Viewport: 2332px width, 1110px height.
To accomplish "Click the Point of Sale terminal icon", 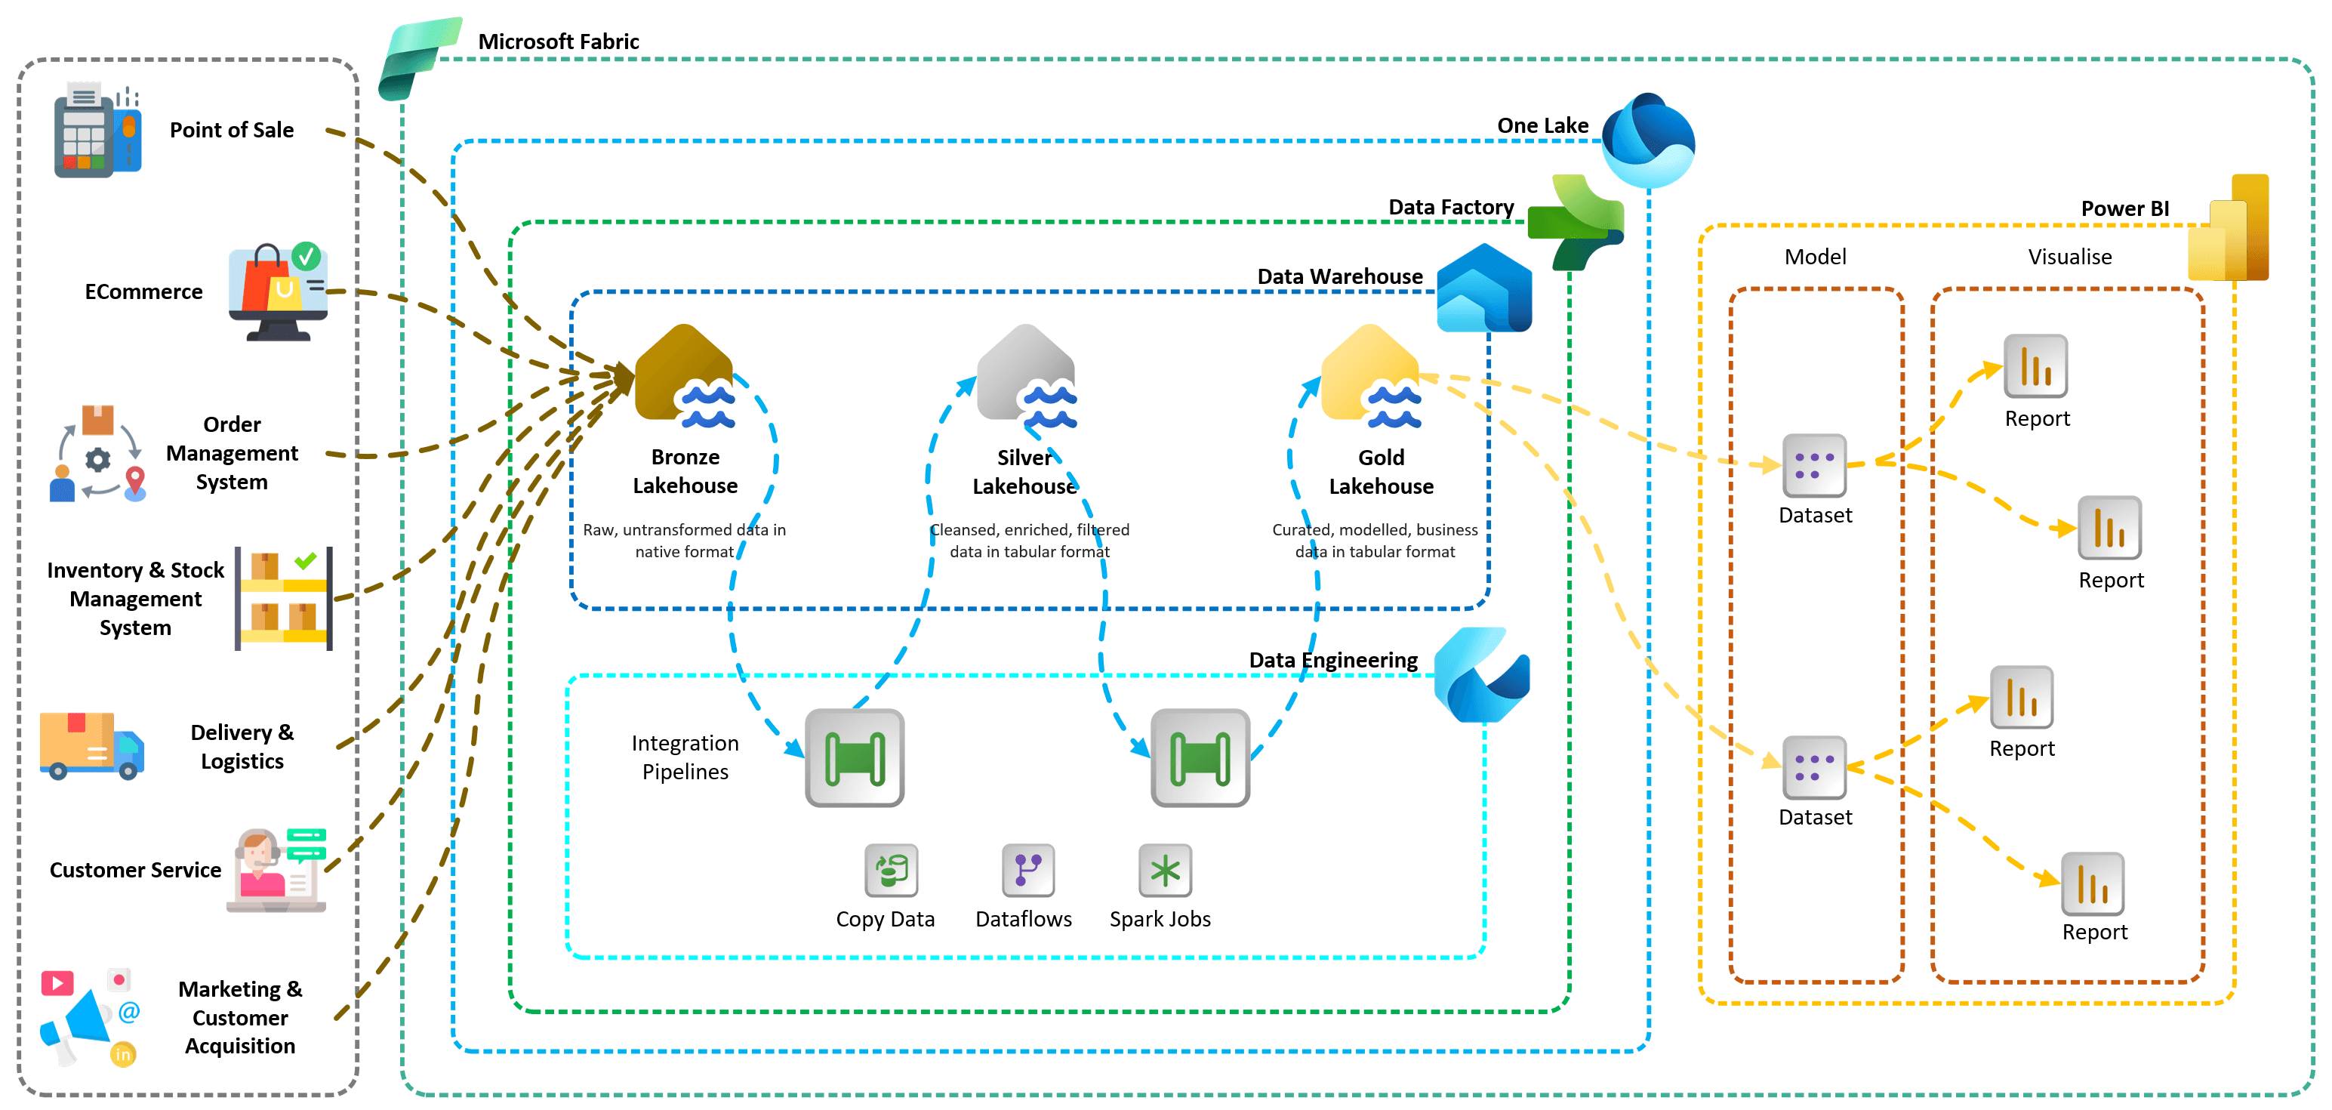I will tap(97, 131).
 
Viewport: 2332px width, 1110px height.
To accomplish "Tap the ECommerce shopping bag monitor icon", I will tap(278, 292).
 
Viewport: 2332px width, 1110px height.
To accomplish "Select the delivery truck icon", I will tap(91, 745).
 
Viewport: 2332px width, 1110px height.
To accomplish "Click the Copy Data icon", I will tap(891, 870).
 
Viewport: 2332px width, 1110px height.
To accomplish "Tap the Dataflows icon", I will tap(1027, 870).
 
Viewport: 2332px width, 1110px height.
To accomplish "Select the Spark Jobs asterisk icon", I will tap(1164, 870).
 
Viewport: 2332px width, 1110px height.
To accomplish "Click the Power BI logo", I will tap(2229, 228).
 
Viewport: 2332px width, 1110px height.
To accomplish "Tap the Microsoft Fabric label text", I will tap(558, 42).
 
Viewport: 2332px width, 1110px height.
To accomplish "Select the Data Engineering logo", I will tap(1481, 675).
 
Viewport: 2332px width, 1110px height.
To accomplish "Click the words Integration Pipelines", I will tap(685, 757).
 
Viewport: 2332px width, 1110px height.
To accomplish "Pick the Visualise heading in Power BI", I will tap(2069, 257).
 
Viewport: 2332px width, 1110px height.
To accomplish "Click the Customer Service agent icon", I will tap(277, 870).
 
